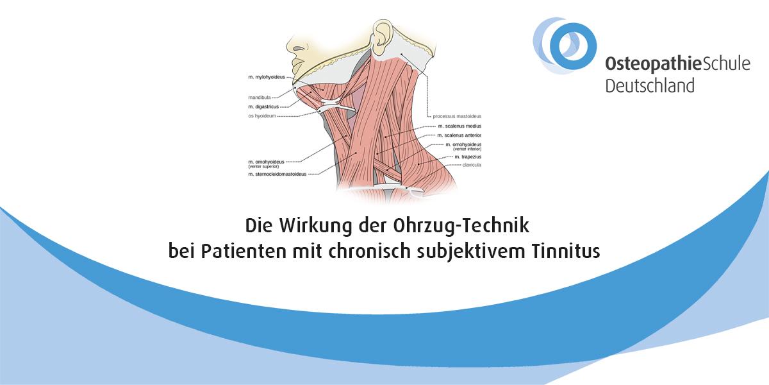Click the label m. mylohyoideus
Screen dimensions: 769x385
pyautogui.click(x=267, y=78)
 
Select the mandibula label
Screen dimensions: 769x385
pyautogui.click(x=260, y=98)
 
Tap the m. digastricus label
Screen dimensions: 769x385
pyautogui.click(x=263, y=107)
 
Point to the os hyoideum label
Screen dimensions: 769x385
pyautogui.click(x=262, y=116)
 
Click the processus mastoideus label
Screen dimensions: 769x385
pyautogui.click(x=457, y=117)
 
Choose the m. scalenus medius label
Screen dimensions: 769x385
pyautogui.click(x=459, y=126)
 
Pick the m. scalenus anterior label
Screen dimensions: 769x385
pyautogui.click(x=459, y=135)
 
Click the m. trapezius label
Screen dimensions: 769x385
pyautogui.click(x=468, y=157)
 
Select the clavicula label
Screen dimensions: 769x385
pyautogui.click(x=472, y=165)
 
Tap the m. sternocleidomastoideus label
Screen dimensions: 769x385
pyautogui.click(x=277, y=175)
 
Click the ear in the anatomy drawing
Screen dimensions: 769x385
pyautogui.click(x=383, y=37)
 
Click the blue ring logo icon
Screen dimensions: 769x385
pyautogui.click(x=565, y=46)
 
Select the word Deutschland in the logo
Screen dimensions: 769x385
pyautogui.click(x=650, y=85)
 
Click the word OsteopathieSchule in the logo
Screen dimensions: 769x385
pyautogui.click(x=678, y=64)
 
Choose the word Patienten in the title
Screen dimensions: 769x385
pyautogui.click(x=244, y=252)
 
